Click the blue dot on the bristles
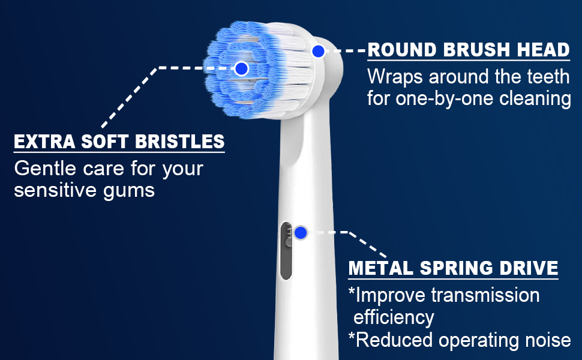tap(242, 68)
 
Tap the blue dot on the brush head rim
tap(319, 51)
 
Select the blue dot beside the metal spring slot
tap(301, 232)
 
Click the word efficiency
tap(394, 317)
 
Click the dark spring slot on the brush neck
tap(286, 251)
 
